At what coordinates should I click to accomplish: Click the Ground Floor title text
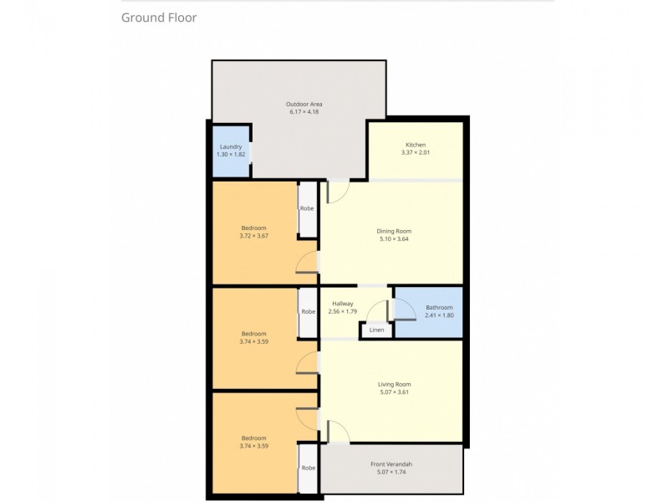[x=159, y=18]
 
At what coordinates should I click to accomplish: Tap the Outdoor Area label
[x=305, y=104]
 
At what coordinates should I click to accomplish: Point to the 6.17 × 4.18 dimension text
[x=305, y=112]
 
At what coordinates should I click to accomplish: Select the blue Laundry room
[x=230, y=151]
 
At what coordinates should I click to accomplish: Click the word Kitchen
[x=416, y=145]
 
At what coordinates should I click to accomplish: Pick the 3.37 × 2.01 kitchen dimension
[x=416, y=153]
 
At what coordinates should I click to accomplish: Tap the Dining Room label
[x=396, y=231]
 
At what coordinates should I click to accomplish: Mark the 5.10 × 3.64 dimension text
[x=396, y=239]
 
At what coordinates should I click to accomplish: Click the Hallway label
[x=343, y=304]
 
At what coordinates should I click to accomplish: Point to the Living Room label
[x=395, y=384]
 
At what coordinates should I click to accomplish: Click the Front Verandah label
[x=391, y=464]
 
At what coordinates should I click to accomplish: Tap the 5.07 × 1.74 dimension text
[x=391, y=473]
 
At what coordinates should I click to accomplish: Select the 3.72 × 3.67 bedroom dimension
[x=253, y=237]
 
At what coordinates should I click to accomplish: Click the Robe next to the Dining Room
[x=309, y=208]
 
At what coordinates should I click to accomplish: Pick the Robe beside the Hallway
[x=309, y=311]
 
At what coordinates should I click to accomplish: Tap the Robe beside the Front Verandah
[x=309, y=468]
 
